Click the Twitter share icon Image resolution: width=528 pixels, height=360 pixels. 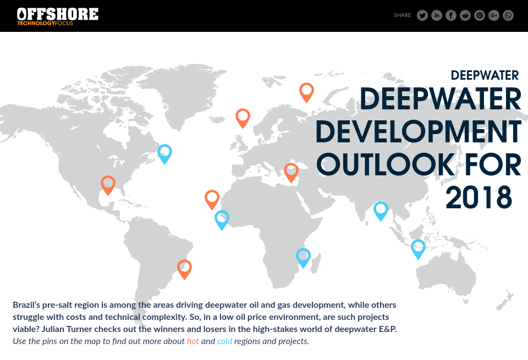pyautogui.click(x=422, y=15)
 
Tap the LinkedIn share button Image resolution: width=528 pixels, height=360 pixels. pyautogui.click(x=437, y=15)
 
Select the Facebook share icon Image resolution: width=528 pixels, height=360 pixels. pyautogui.click(x=451, y=15)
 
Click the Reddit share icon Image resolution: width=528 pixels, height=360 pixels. pyautogui.click(x=465, y=15)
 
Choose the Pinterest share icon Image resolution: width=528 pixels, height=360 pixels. pyautogui.click(x=480, y=15)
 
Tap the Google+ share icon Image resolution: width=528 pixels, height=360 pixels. pyautogui.click(x=494, y=15)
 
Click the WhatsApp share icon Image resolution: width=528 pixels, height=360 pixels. pyautogui.click(x=508, y=15)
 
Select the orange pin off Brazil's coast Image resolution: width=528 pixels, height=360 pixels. pyautogui.click(x=184, y=268)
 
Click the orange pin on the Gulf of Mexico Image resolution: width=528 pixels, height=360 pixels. pyautogui.click(x=108, y=184)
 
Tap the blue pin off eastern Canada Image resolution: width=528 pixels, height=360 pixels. pyautogui.click(x=164, y=153)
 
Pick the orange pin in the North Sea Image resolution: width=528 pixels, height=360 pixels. pyautogui.click(x=243, y=117)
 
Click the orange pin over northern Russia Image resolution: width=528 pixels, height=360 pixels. pyautogui.click(x=306, y=91)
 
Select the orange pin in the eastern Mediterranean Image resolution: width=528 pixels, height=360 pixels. pyautogui.click(x=291, y=171)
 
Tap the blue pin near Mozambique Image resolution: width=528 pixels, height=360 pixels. pyautogui.click(x=303, y=257)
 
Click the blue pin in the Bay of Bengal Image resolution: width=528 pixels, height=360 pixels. pyautogui.click(x=381, y=210)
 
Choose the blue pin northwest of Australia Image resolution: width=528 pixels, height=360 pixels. pyautogui.click(x=418, y=248)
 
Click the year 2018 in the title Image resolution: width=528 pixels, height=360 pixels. pyautogui.click(x=479, y=198)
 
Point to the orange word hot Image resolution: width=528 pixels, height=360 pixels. pyautogui.click(x=193, y=341)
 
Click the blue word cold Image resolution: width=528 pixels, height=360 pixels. pyautogui.click(x=224, y=341)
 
